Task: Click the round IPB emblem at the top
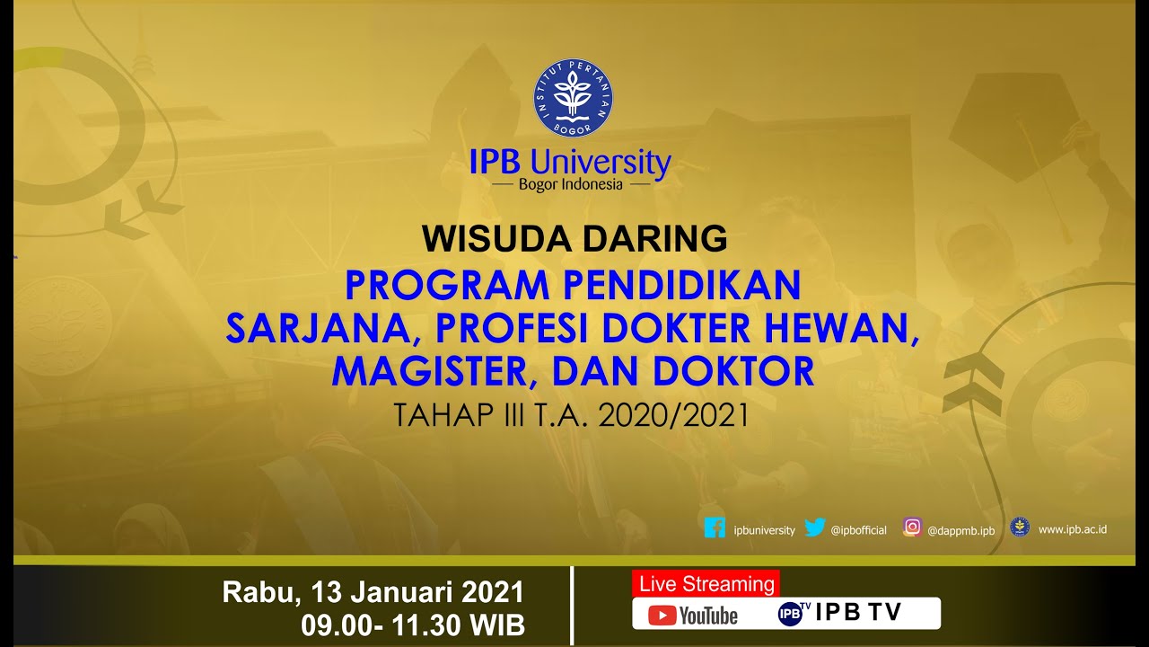(574, 98)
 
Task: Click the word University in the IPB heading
(601, 163)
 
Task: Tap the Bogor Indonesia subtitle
(570, 185)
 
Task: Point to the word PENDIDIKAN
(681, 286)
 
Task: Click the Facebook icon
(715, 528)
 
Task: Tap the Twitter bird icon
(814, 528)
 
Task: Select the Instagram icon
(912, 528)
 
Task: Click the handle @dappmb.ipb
(960, 530)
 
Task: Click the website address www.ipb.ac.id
(1072, 529)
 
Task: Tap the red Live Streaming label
(706, 584)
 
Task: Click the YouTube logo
(693, 616)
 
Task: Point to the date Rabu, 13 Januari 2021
(373, 593)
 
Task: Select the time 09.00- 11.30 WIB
(413, 625)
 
